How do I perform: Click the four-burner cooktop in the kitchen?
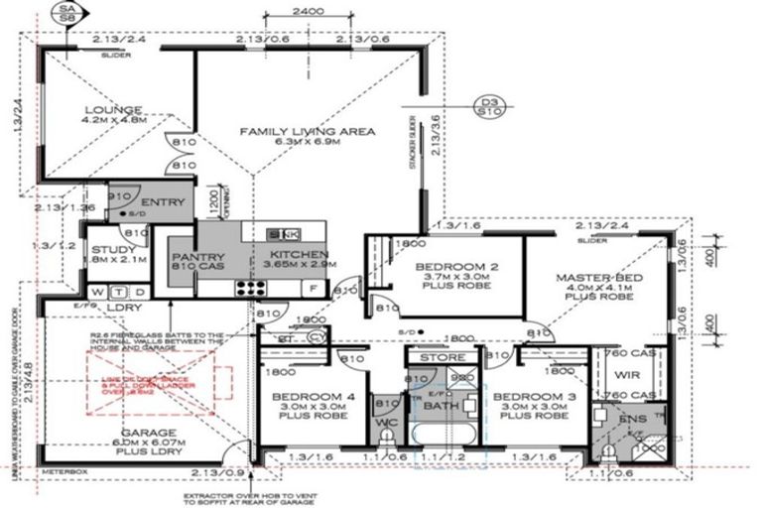(249, 290)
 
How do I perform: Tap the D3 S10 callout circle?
(486, 105)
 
